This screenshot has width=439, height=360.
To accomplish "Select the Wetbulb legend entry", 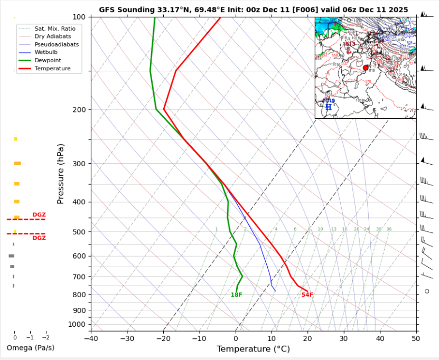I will (x=46, y=52).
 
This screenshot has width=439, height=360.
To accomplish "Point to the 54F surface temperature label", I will (x=307, y=295).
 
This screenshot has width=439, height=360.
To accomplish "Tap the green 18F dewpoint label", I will (x=236, y=295).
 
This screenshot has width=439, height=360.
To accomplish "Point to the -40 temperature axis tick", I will (x=91, y=338).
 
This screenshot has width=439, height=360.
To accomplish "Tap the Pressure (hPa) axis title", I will (x=61, y=174).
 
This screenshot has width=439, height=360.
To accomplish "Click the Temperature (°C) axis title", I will (x=253, y=349).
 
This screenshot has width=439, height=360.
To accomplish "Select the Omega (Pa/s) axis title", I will (x=30, y=348).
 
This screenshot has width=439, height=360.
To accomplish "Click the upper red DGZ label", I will (x=39, y=215).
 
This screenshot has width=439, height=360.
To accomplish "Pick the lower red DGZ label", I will (x=39, y=238).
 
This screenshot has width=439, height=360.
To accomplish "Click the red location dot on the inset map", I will (x=366, y=68).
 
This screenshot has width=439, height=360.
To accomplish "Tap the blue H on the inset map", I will (x=328, y=107).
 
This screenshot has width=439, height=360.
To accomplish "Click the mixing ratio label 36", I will (x=389, y=229).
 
